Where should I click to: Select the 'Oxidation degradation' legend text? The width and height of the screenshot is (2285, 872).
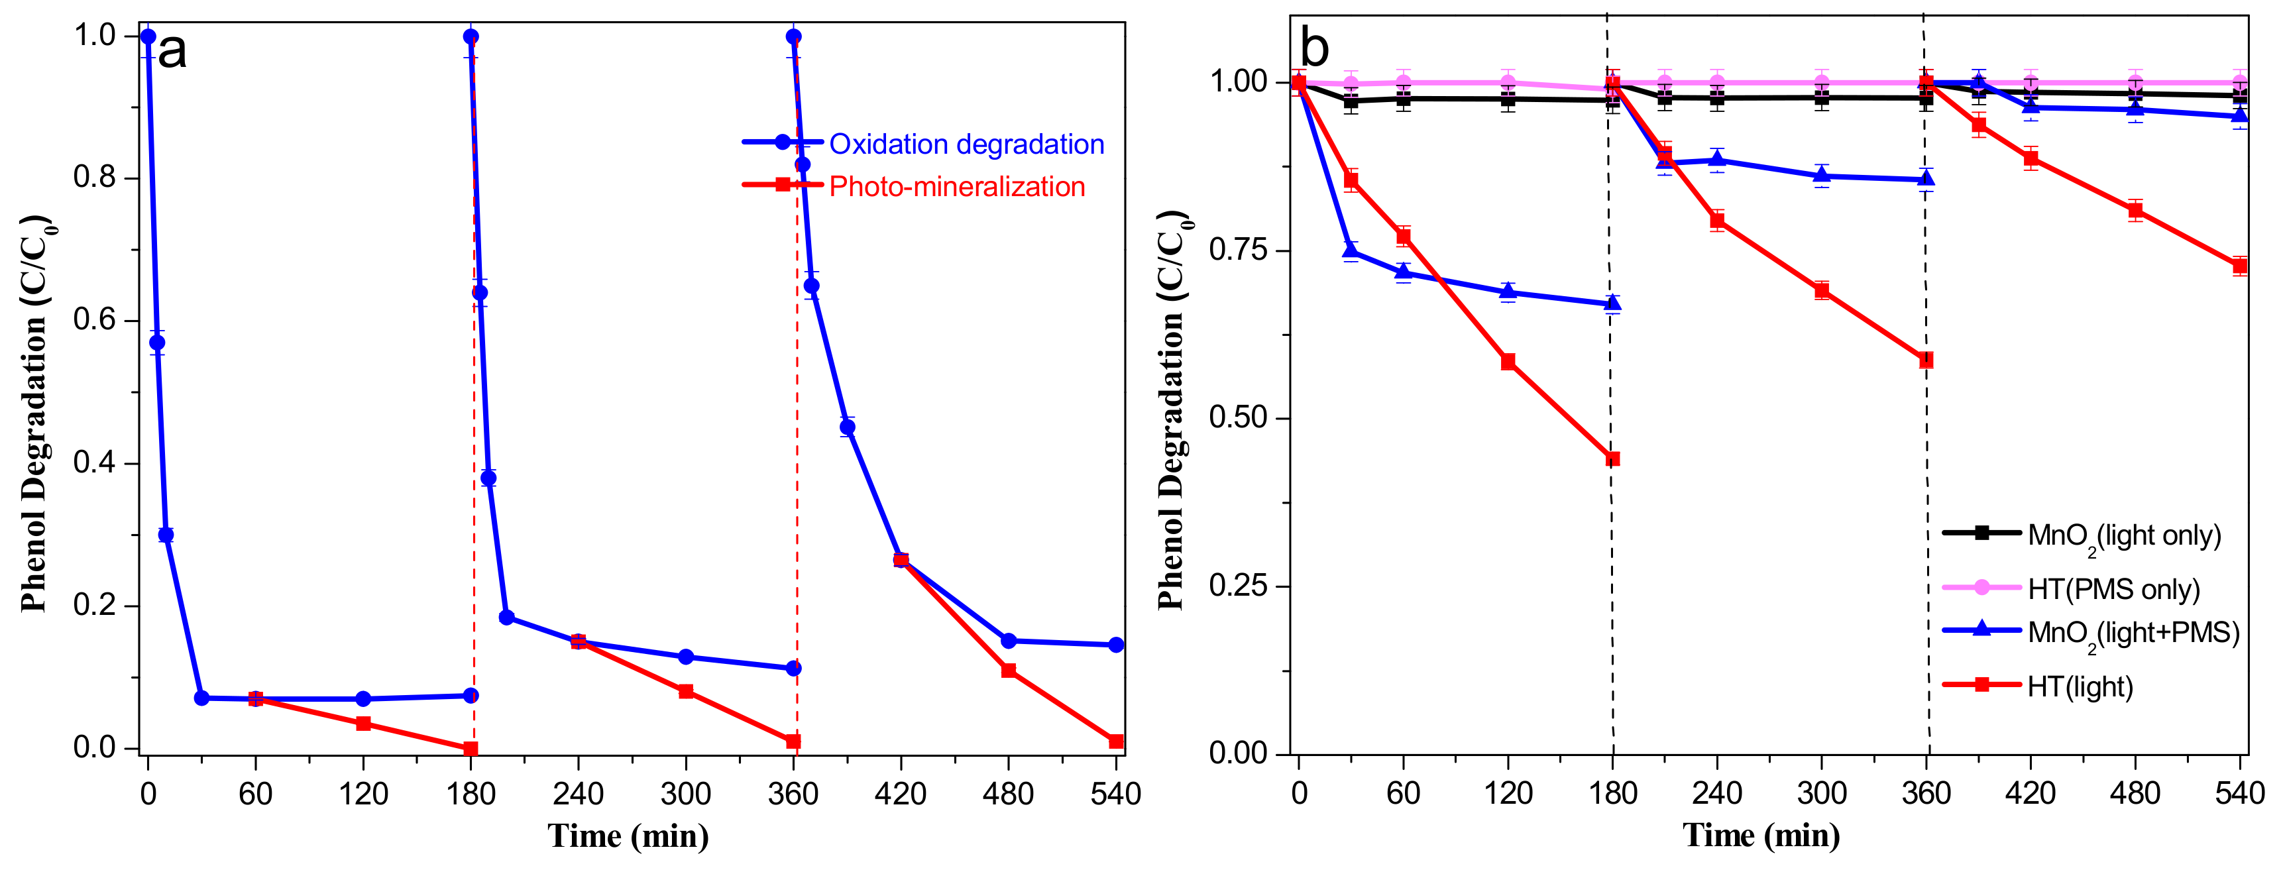click(966, 144)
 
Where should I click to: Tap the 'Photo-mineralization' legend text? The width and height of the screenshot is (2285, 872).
click(956, 187)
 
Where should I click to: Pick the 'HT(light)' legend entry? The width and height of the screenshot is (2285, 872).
click(2079, 686)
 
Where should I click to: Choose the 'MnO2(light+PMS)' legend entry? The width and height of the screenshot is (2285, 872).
click(2133, 633)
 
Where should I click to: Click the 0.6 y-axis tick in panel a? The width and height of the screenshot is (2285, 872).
click(95, 320)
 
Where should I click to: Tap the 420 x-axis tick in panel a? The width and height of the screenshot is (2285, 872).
click(901, 793)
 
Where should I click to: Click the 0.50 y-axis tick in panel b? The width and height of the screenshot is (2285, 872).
click(1239, 418)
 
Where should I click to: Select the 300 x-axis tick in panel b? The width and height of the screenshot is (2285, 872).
click(1821, 793)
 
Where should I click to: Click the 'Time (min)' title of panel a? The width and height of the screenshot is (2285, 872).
click(628, 836)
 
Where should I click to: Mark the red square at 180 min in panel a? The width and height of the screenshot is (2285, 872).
click(471, 749)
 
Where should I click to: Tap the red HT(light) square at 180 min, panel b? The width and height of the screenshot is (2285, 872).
click(1612, 459)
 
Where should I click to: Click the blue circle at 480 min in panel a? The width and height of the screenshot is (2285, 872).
click(1009, 641)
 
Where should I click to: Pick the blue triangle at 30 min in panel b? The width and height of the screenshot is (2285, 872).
click(1351, 252)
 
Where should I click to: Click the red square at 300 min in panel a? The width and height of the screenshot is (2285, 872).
click(686, 691)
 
